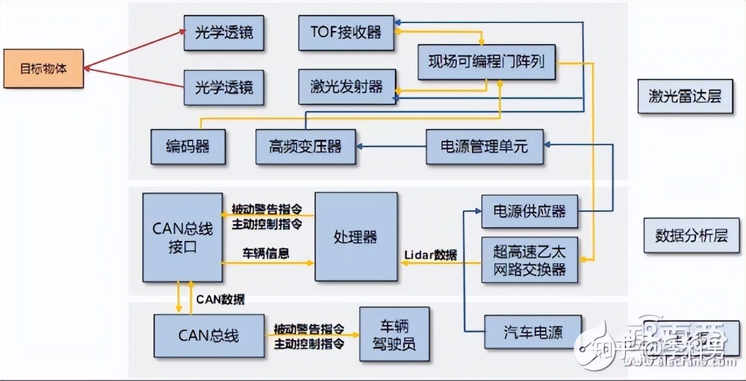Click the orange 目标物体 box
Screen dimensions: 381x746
coord(44,69)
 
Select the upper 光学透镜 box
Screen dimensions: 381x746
coord(224,32)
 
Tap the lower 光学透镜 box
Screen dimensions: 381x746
coord(224,87)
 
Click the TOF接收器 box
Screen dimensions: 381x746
coord(347,32)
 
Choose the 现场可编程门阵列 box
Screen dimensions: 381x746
coord(487,62)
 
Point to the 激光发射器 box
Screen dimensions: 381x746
coord(347,87)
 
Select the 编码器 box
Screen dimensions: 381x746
coord(188,146)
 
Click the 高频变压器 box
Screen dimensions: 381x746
coord(305,146)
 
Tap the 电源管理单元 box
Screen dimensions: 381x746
coord(484,146)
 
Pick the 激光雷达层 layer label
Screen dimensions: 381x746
coord(685,96)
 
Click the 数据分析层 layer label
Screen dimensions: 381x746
coord(691,235)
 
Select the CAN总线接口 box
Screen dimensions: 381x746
coord(182,237)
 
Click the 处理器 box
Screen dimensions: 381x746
coord(356,237)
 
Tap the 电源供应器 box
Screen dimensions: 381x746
coord(529,211)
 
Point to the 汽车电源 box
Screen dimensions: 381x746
coord(533,333)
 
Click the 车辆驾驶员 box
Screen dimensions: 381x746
coord(395,335)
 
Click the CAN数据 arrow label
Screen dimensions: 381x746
coord(220,299)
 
